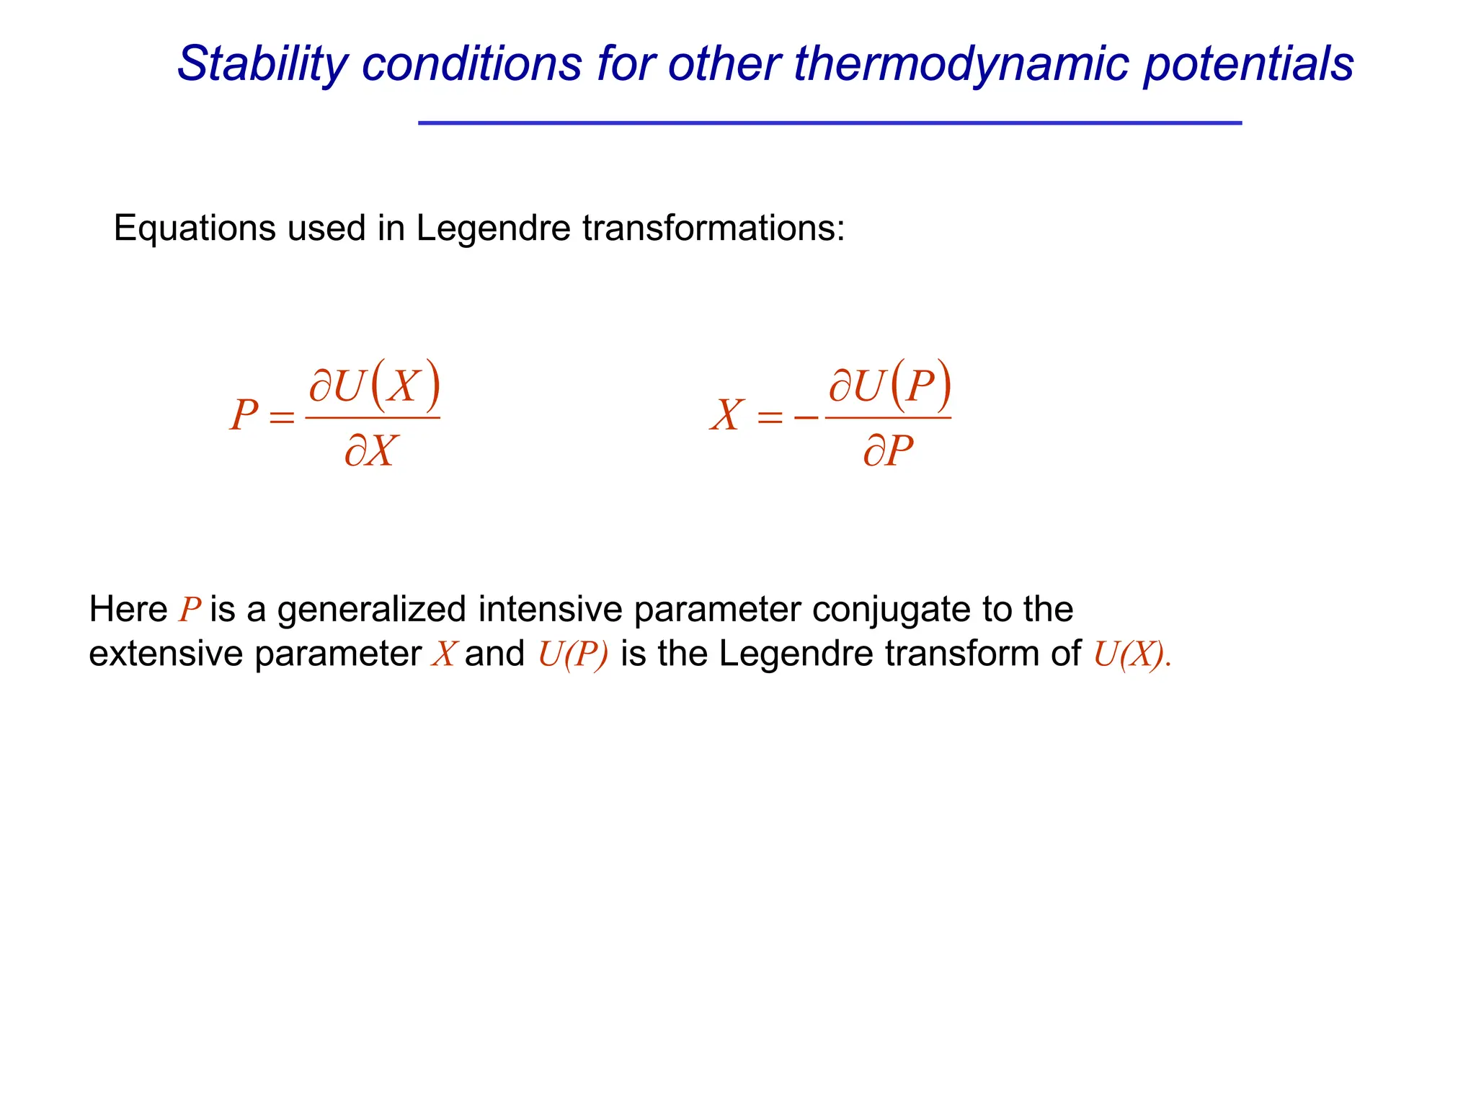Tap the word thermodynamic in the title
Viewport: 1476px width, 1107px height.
tap(959, 65)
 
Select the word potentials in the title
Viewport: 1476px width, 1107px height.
tap(1248, 65)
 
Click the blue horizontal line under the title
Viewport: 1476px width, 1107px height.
tap(830, 123)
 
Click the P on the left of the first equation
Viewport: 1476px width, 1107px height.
tap(244, 416)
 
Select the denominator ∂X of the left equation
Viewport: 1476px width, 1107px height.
tap(370, 452)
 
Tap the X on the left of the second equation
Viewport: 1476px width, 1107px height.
tap(726, 416)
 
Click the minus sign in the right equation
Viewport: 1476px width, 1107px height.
tap(806, 417)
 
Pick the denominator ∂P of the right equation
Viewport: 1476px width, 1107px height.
tap(888, 452)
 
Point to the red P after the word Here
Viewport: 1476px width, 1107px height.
tap(190, 610)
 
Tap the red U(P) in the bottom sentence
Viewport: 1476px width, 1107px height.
tap(573, 654)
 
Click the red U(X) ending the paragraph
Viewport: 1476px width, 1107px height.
tap(1129, 654)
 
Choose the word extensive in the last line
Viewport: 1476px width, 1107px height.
tap(166, 654)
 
